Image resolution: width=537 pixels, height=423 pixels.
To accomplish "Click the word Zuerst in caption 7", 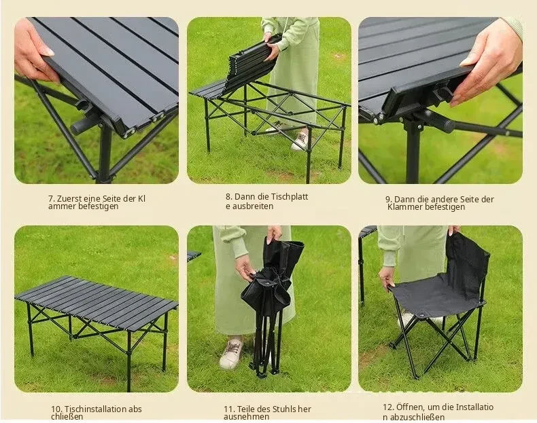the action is point(68,199).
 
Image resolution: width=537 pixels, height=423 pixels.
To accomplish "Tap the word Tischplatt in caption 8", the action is point(290,197).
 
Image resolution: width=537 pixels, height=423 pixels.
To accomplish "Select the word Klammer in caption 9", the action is point(402,207).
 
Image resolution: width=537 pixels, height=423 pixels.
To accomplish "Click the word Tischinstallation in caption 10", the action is point(95,409).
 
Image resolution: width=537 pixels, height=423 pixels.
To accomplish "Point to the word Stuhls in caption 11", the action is point(284,409).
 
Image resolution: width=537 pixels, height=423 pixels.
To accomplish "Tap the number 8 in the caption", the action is point(228,197).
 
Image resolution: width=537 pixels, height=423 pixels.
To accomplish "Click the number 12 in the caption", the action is point(387,407).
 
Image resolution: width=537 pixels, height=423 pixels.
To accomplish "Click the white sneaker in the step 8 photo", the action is point(300,140).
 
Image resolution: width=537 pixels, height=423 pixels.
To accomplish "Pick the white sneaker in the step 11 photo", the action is point(232,353).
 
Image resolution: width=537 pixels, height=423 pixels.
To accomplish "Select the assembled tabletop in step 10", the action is point(96,303).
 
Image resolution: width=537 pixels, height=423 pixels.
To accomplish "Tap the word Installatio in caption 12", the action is point(474,407).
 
